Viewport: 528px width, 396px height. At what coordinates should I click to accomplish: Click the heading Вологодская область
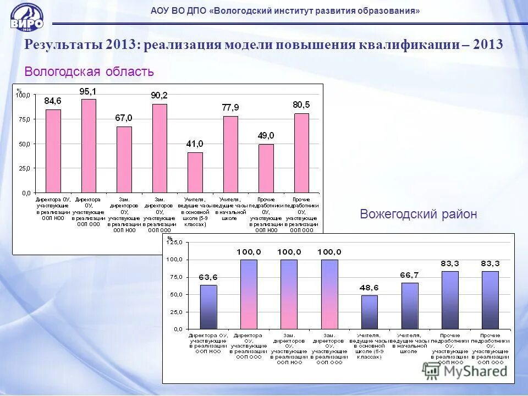[x=89, y=71]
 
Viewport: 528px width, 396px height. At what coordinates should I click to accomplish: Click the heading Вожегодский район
[x=418, y=214]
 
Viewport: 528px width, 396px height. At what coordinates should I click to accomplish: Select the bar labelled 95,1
[x=89, y=146]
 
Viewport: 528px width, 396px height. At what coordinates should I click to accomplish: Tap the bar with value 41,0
[x=195, y=172]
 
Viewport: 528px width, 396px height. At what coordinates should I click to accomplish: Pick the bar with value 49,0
[x=266, y=168]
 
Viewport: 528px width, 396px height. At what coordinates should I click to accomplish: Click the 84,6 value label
[x=53, y=101]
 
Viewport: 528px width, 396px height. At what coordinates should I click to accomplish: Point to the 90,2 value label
[x=159, y=95]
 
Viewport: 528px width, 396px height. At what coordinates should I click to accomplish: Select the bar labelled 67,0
[x=124, y=159]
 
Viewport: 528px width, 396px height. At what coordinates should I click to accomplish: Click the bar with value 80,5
[x=301, y=153]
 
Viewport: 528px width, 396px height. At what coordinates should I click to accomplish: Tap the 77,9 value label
[x=230, y=107]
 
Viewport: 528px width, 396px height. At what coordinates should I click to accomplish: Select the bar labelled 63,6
[x=208, y=307]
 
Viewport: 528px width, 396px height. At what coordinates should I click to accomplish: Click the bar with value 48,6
[x=370, y=312]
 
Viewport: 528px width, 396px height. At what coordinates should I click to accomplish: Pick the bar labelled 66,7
[x=410, y=306]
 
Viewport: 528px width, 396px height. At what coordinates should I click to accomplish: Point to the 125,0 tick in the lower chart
[x=175, y=242]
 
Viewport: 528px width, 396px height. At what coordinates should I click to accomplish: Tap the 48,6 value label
[x=370, y=288]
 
